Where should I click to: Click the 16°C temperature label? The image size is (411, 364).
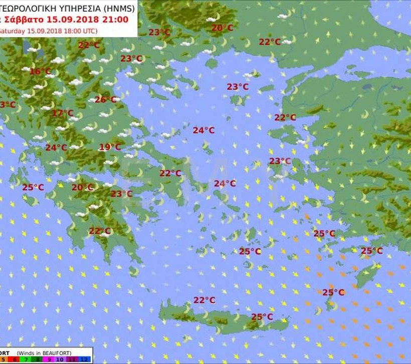click(40, 72)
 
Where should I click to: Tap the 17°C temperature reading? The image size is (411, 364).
click(63, 113)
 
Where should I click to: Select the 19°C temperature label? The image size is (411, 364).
click(110, 147)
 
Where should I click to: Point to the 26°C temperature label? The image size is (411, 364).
click(105, 100)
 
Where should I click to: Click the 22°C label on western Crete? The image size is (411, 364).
click(204, 300)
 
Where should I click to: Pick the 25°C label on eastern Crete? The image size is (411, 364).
click(262, 317)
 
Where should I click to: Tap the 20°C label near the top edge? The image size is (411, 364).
click(222, 28)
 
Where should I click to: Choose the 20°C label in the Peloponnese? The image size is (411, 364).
click(82, 187)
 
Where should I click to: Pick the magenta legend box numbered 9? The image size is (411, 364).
click(49, 359)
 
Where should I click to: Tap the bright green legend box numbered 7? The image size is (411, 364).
click(26, 359)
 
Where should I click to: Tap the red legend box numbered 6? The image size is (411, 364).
click(15, 359)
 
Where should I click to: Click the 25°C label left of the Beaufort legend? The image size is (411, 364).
click(33, 188)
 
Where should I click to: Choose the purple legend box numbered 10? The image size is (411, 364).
click(60, 359)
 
